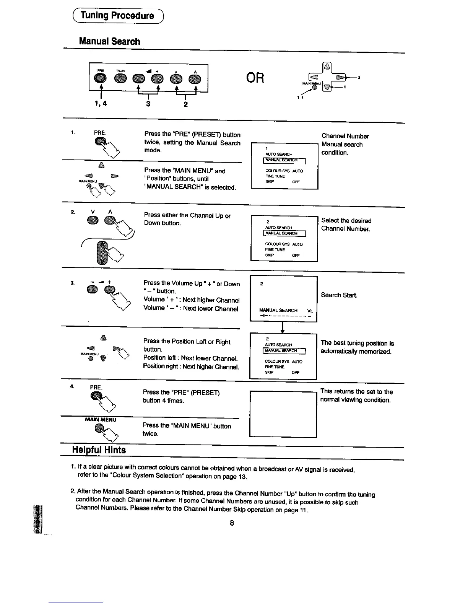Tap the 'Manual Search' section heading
[109, 41]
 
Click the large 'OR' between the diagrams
[256, 78]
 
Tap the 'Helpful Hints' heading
[99, 450]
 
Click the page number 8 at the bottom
[232, 523]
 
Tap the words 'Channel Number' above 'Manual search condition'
[345, 136]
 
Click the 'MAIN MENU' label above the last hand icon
[101, 420]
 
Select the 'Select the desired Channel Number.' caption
[346, 225]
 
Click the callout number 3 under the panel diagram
[148, 103]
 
